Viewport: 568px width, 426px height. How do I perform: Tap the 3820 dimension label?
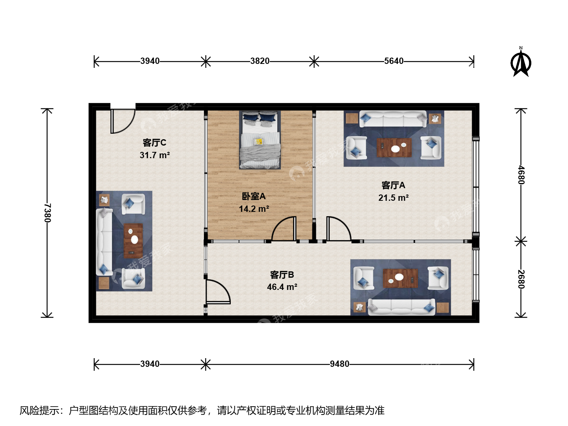[260, 61]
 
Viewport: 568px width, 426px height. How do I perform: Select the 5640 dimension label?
[394, 61]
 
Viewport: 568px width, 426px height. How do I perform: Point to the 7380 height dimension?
[47, 213]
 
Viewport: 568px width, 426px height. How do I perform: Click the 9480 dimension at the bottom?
[339, 364]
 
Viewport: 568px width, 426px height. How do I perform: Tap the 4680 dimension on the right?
[521, 175]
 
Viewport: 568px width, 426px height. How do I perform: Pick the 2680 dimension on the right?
[521, 279]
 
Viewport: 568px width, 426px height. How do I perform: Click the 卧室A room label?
[254, 196]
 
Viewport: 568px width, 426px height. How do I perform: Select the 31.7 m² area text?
[155, 155]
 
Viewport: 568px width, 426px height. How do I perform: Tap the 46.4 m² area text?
[282, 287]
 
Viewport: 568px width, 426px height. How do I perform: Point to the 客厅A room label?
[393, 185]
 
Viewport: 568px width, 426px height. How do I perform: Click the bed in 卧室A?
[260, 140]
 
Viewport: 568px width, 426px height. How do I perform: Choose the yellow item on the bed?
[258, 141]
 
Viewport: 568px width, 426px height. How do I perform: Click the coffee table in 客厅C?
[133, 241]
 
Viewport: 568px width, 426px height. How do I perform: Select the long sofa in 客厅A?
[393, 119]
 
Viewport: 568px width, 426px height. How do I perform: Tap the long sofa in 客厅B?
[402, 307]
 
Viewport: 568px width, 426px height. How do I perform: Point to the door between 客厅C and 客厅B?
[218, 291]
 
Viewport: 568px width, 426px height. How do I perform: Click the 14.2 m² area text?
[254, 209]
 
